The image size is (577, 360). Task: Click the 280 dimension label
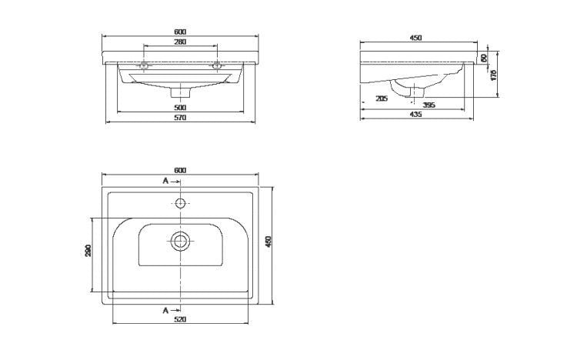pyautogui.click(x=180, y=42)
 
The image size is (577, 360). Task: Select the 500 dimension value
pyautogui.click(x=180, y=108)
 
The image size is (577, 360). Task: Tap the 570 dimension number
pyautogui.click(x=180, y=118)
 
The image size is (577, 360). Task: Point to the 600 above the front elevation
pyautogui.click(x=180, y=32)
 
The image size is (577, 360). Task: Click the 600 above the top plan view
pyautogui.click(x=180, y=170)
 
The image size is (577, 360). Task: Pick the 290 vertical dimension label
pyautogui.click(x=88, y=251)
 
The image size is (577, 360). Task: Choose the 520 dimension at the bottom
pyautogui.click(x=180, y=319)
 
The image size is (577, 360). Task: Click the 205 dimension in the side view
pyautogui.click(x=382, y=98)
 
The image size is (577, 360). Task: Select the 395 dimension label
pyautogui.click(x=429, y=105)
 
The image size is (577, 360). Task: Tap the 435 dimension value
pyautogui.click(x=415, y=115)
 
